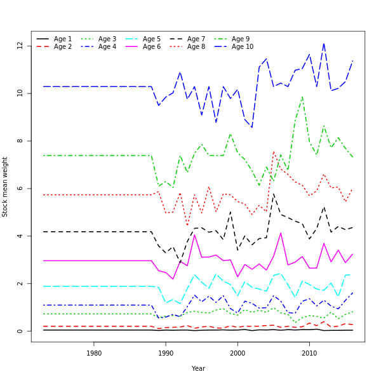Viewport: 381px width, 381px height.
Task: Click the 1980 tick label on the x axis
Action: (93, 353)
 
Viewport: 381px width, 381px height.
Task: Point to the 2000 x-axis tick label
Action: (237, 353)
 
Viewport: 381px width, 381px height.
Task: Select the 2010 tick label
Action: (309, 353)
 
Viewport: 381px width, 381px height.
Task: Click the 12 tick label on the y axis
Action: (21, 46)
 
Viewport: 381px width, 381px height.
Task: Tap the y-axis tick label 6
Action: (21, 189)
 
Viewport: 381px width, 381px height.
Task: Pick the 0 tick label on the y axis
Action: (21, 331)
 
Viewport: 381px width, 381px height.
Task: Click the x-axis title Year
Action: (198, 368)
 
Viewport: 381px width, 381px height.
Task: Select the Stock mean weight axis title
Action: (6, 187)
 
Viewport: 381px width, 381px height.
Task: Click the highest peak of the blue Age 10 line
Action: (324, 44)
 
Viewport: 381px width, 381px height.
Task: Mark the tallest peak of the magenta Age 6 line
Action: (281, 233)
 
